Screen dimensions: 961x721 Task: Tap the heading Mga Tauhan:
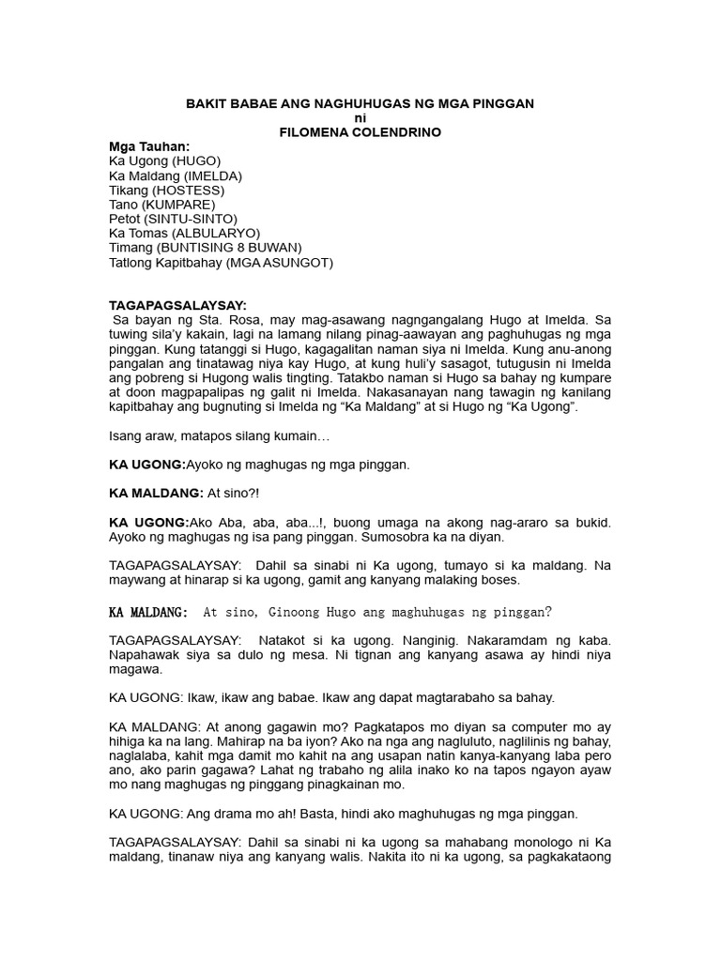click(150, 147)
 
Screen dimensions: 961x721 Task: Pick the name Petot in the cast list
click(125, 219)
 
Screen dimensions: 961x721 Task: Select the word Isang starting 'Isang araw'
click(127, 436)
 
